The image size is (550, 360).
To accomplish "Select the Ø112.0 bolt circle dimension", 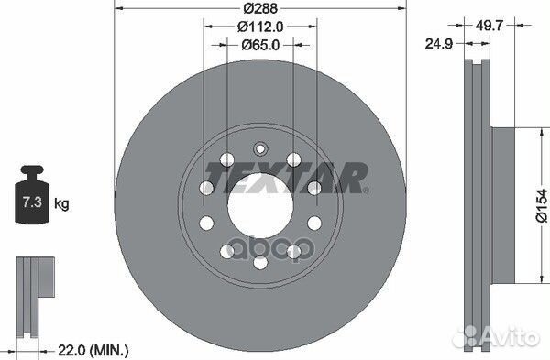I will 259,27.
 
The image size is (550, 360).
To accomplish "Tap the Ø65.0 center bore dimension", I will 259,43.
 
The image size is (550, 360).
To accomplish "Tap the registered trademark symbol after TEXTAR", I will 367,191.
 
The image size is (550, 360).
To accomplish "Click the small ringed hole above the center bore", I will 259,148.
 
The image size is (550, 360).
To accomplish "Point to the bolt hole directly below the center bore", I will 259,263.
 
